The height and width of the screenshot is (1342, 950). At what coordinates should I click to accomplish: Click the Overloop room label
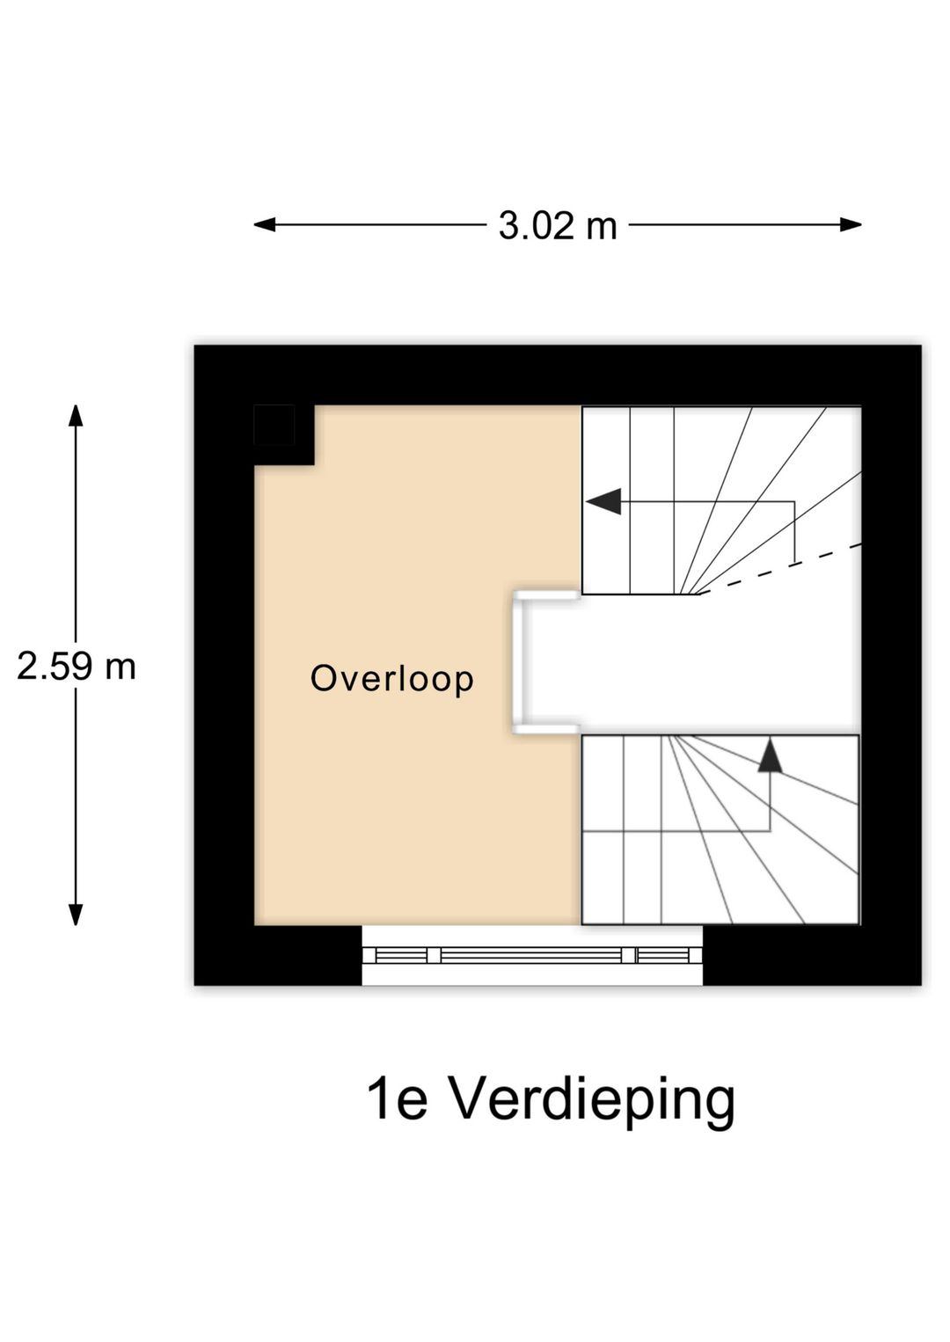(x=391, y=680)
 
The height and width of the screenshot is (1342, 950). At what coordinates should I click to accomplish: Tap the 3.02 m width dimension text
(x=558, y=227)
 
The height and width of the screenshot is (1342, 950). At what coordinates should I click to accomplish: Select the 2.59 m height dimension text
(x=77, y=667)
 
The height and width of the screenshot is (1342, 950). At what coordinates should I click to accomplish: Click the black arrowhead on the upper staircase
(x=603, y=501)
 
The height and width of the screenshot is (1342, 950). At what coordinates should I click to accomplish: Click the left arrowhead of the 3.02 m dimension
(x=264, y=225)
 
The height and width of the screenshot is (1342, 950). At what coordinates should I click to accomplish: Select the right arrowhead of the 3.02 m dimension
(x=851, y=225)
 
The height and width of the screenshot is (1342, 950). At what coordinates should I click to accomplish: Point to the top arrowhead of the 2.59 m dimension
(x=76, y=416)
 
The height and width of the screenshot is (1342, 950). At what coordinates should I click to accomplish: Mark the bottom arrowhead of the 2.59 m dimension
(x=76, y=915)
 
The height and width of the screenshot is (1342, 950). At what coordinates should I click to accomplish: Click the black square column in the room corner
(x=274, y=425)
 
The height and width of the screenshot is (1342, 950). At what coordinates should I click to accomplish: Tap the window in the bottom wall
(x=532, y=955)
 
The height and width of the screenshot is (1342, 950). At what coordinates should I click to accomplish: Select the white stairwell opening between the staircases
(x=690, y=665)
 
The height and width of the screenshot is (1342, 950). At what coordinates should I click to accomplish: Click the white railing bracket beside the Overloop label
(x=520, y=662)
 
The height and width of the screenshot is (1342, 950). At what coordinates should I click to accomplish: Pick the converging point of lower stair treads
(x=669, y=736)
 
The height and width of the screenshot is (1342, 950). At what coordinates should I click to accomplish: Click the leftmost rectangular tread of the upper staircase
(x=606, y=501)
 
